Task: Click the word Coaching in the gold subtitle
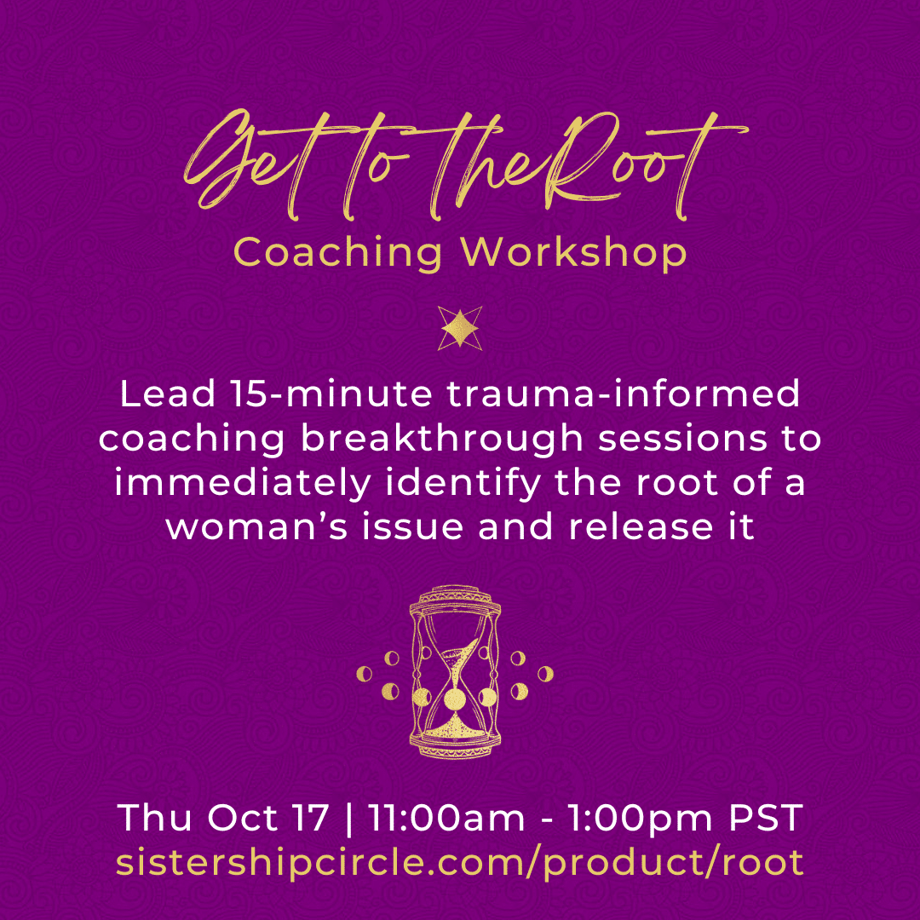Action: [338, 253]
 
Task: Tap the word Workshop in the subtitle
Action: [573, 253]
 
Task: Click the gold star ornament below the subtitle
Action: [460, 328]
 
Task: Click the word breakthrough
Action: [442, 439]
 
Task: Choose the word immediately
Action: [243, 483]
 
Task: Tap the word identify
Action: [463, 483]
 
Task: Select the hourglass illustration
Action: [455, 671]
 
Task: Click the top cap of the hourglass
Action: [455, 599]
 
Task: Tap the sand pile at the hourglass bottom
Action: [455, 728]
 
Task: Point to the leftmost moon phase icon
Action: [365, 674]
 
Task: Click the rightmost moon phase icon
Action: [546, 674]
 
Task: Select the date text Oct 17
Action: [267, 817]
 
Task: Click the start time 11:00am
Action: [446, 817]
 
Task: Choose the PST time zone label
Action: [766, 817]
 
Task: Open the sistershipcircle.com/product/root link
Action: [460, 862]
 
